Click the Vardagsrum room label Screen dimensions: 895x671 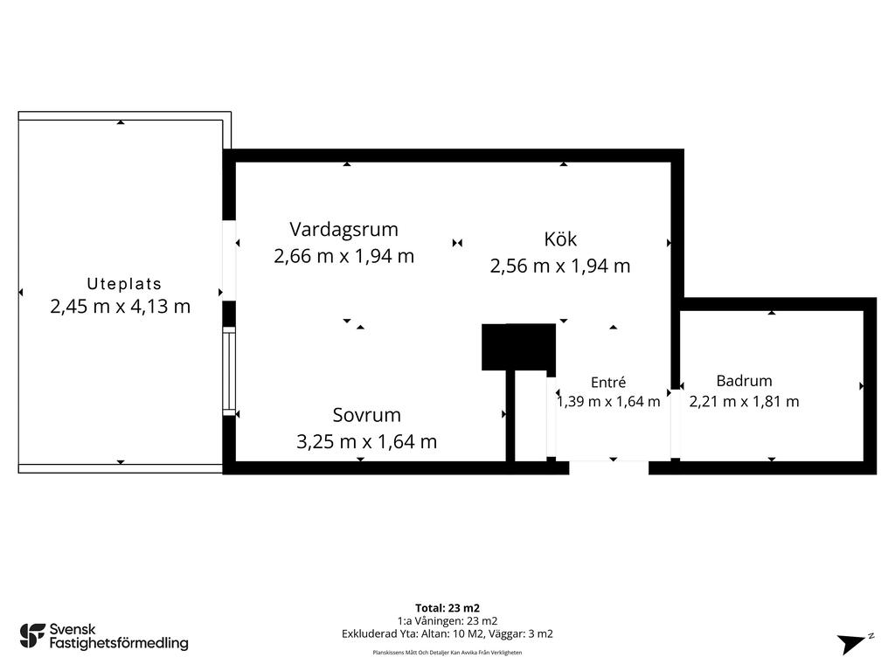[x=343, y=230]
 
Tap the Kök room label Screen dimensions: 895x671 [x=560, y=239]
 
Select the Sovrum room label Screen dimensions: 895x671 [x=366, y=415]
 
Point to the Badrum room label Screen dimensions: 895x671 [x=744, y=381]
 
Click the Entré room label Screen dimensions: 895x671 [x=608, y=383]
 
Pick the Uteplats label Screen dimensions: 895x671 [x=124, y=284]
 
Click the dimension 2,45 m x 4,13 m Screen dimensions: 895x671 [x=120, y=307]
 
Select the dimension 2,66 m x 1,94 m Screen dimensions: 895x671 [x=343, y=256]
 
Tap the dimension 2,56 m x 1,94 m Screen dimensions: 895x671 [x=560, y=266]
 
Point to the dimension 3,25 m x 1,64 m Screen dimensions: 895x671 [x=366, y=441]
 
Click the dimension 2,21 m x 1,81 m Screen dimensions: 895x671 [x=744, y=402]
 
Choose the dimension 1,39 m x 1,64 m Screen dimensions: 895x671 [x=608, y=402]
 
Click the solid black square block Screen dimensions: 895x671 [x=519, y=347]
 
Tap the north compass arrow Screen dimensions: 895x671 [x=853, y=643]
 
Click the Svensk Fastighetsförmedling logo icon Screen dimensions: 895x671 [x=32, y=636]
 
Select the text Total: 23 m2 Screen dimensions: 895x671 [x=447, y=608]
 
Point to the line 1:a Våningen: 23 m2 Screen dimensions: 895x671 [x=447, y=621]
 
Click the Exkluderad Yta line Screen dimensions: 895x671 [x=447, y=633]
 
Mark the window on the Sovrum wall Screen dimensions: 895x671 [x=228, y=370]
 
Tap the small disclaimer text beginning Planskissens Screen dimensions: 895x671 [x=447, y=653]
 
